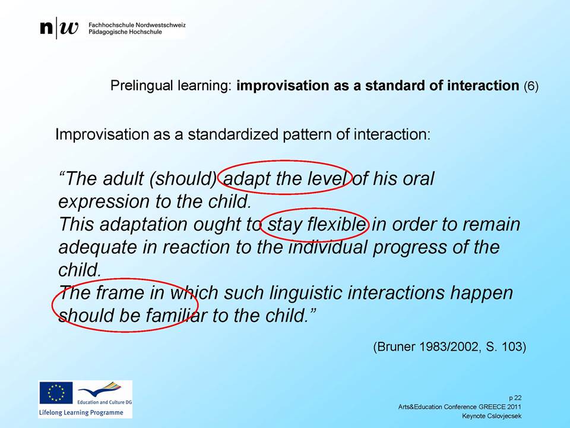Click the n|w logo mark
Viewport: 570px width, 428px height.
(x=59, y=28)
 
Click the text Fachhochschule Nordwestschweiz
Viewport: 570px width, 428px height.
(x=137, y=25)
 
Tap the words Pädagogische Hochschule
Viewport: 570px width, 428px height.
(x=125, y=32)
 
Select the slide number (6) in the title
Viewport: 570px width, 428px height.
(x=531, y=86)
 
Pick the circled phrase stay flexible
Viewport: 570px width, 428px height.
(x=316, y=224)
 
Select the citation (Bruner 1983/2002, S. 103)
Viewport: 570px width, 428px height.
(x=449, y=347)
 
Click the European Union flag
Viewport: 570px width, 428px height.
(x=56, y=393)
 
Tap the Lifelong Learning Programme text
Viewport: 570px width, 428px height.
(x=81, y=413)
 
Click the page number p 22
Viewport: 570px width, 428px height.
(x=515, y=398)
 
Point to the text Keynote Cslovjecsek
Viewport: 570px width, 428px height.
(x=492, y=416)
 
